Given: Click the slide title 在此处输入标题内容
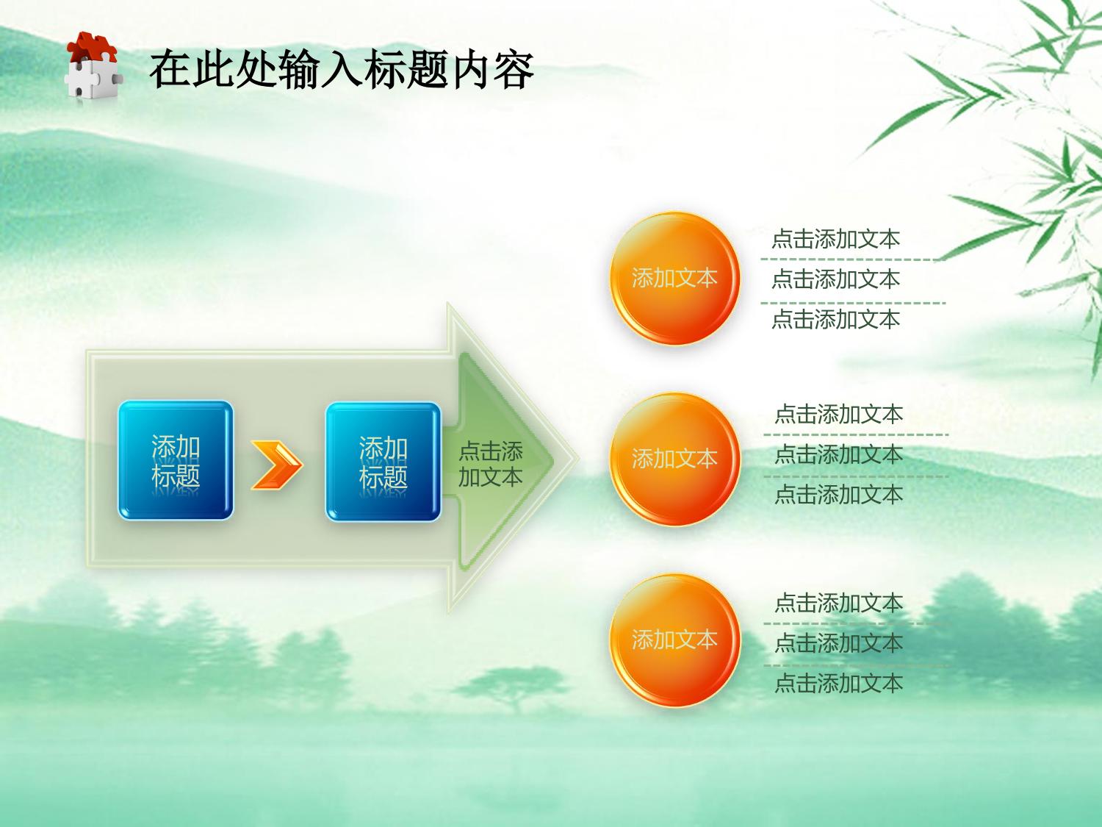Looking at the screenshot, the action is (x=342, y=69).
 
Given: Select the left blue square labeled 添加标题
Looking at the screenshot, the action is (x=176, y=460).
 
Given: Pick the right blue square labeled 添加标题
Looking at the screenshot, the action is (x=383, y=462).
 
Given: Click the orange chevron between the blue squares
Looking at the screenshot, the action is (x=277, y=465).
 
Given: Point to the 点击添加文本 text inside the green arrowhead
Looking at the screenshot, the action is (x=491, y=464).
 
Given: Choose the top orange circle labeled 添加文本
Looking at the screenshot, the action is (x=674, y=279).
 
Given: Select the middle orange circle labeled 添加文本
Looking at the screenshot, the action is (x=674, y=459).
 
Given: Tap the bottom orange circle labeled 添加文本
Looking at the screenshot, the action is (x=674, y=640).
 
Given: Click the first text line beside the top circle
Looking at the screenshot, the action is (x=835, y=239).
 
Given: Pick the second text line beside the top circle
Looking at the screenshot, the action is (x=835, y=279).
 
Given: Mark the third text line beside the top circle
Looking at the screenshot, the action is (x=835, y=319).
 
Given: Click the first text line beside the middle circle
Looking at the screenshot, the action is (x=838, y=415).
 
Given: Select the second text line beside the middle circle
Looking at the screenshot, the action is (x=838, y=454).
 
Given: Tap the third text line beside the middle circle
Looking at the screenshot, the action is (x=838, y=495).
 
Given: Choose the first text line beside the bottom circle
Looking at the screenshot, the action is (x=838, y=603).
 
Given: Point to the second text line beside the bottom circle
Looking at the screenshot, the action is (x=838, y=643).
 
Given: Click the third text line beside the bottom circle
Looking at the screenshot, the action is (x=838, y=684).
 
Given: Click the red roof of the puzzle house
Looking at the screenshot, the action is (x=92, y=47).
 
